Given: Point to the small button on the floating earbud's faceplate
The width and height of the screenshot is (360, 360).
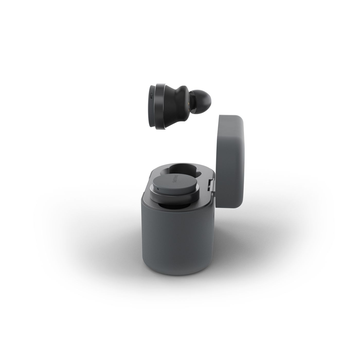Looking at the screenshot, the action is [151, 96].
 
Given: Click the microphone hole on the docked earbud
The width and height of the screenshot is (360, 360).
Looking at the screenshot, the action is [158, 189].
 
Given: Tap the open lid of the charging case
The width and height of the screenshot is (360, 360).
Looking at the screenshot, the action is [231, 159].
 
